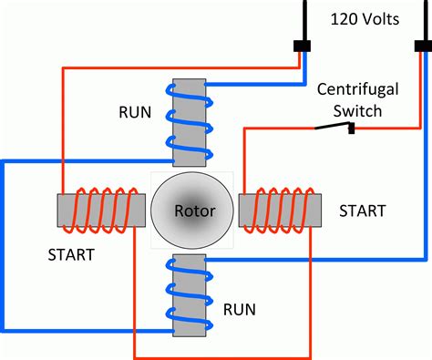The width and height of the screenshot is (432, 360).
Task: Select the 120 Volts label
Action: point(364,19)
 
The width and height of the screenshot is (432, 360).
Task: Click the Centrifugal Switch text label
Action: point(351,99)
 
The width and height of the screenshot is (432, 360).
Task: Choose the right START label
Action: point(362,211)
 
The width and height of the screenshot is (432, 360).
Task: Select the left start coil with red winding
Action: point(100,209)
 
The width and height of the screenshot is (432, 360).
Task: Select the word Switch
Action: point(351,109)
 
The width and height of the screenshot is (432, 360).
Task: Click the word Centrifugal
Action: point(351,90)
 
